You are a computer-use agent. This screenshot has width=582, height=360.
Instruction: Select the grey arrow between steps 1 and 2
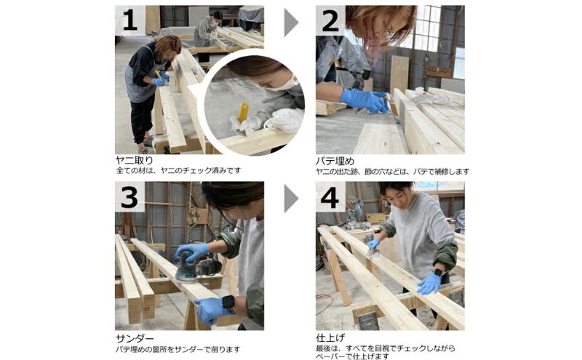click(x=290, y=23)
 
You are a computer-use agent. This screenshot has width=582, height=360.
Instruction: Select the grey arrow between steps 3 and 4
click(x=290, y=199)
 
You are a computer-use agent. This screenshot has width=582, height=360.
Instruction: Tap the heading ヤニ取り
click(x=135, y=160)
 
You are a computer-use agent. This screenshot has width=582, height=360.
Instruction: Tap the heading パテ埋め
click(x=335, y=160)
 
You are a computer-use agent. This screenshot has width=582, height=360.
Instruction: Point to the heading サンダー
click(x=135, y=338)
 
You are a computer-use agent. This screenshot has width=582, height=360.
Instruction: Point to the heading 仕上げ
click(x=331, y=338)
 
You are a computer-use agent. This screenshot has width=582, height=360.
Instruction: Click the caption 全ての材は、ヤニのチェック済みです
click(x=178, y=170)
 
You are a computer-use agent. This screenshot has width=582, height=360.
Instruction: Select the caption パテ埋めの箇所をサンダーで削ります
click(x=178, y=349)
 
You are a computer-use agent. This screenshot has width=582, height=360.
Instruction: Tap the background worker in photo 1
click(x=207, y=29)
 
